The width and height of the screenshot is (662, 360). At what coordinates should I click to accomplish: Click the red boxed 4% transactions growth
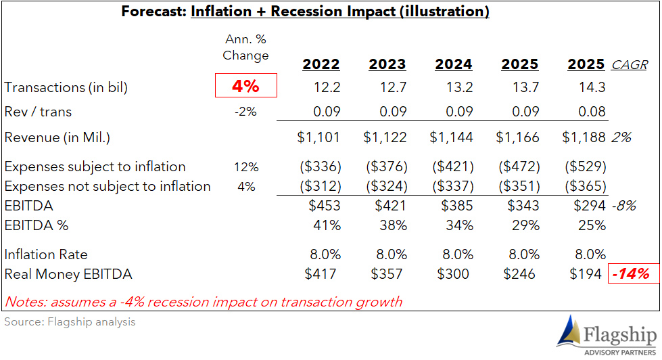245,85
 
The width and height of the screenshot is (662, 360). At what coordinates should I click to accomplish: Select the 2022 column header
321,64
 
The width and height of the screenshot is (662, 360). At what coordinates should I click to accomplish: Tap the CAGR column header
630,65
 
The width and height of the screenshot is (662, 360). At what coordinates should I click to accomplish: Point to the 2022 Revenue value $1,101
318,137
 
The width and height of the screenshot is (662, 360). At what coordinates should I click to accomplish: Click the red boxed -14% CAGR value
632,274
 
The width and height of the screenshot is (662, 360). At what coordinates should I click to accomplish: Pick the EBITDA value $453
325,205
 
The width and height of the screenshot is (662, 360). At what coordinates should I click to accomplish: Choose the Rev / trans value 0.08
592,112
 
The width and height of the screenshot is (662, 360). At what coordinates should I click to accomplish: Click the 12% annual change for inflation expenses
246,167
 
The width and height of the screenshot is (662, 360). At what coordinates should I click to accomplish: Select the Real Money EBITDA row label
68,274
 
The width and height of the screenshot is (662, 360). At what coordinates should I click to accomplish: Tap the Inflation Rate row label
46,254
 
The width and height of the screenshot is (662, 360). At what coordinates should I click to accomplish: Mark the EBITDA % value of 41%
327,225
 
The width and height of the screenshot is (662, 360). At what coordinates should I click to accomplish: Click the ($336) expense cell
321,166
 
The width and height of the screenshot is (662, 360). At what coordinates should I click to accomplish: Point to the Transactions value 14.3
592,87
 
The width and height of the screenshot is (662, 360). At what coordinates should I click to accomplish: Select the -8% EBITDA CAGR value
624,206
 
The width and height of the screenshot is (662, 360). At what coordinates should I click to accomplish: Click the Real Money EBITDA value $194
586,274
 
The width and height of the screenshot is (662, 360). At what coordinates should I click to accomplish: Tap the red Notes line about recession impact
203,302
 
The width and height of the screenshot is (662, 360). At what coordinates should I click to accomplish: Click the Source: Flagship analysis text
70,322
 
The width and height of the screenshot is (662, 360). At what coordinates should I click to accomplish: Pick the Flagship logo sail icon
569,332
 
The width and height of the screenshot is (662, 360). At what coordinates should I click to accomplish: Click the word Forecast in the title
153,12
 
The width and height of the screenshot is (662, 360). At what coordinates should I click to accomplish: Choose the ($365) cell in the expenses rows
586,186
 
